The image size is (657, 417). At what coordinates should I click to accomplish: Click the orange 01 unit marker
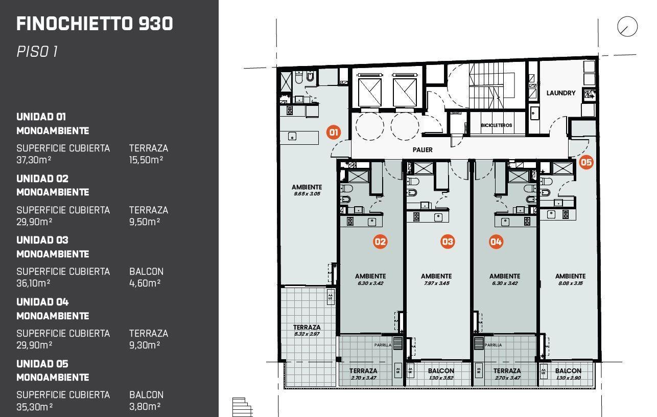coord(334,133)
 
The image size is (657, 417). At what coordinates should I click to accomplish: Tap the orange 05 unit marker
coord(586,162)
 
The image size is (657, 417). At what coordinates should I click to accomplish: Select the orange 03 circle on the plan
coord(448,242)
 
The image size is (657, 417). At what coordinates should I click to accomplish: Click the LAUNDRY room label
coord(561,93)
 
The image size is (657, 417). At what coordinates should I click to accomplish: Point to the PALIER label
coord(423,150)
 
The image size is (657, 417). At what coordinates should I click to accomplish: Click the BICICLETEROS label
coord(496,125)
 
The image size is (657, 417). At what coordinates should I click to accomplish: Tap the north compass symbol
coord(627,27)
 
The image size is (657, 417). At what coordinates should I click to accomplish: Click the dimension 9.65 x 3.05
coord(307,194)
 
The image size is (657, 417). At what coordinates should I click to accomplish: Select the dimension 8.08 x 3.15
coord(571,283)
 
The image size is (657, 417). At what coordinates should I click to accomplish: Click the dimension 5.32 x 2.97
coord(307,334)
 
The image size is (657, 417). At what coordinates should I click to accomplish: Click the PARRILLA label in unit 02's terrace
coord(383,345)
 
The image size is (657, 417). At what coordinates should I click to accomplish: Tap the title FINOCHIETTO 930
coord(95,24)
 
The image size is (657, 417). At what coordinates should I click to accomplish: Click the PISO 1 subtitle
coord(37,52)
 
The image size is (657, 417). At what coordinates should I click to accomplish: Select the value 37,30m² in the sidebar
coord(34,160)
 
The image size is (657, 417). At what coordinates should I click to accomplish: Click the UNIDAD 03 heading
coord(42,240)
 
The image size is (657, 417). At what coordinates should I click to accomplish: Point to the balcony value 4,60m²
coord(145,283)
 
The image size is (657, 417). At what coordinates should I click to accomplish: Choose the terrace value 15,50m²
coord(146,160)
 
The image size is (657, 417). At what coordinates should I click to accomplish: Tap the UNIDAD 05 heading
coord(42,364)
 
